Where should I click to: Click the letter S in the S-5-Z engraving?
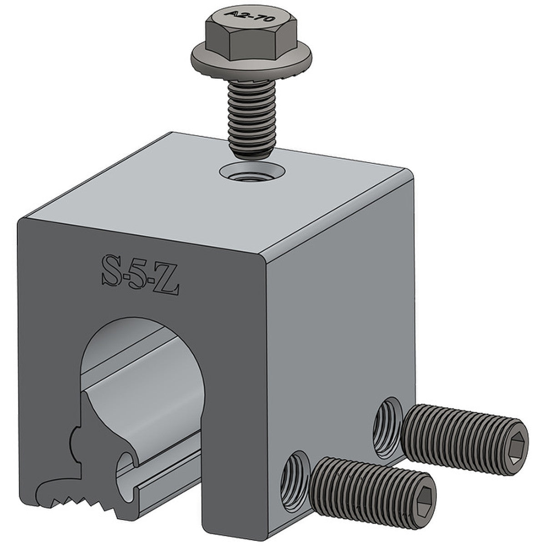coord(111,272)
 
